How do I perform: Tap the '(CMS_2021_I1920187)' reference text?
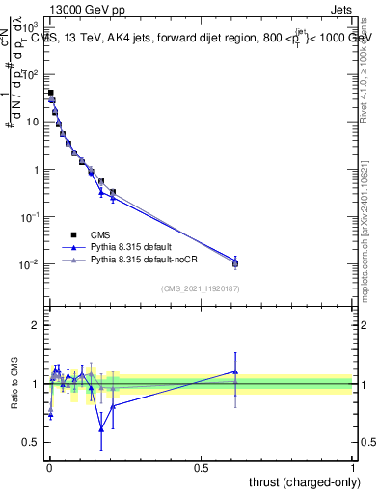click(199, 288)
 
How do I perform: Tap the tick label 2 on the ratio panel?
click(37, 325)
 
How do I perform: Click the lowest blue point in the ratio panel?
click(101, 429)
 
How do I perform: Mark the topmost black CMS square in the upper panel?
click(50, 93)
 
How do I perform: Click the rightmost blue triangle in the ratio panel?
click(234, 371)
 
